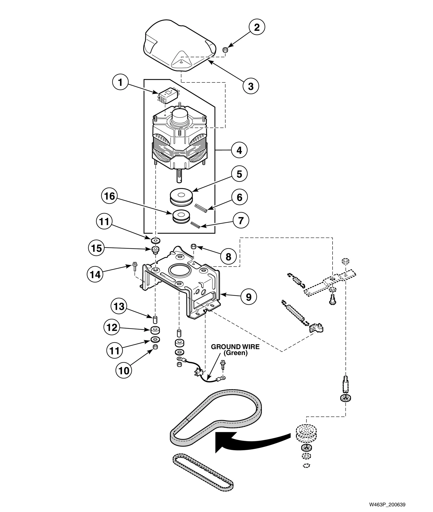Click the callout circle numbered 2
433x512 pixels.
(x=256, y=27)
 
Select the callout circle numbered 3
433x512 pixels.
(x=251, y=86)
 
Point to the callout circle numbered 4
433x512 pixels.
(x=239, y=150)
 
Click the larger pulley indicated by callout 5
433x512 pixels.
(x=181, y=197)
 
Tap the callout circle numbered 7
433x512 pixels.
(x=240, y=220)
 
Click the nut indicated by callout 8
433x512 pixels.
(x=194, y=246)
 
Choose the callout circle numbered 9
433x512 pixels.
(x=248, y=297)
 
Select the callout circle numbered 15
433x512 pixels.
(x=97, y=248)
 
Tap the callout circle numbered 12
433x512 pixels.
(x=112, y=327)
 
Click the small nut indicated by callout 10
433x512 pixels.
(x=155, y=347)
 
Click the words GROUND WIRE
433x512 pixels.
(x=235, y=347)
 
